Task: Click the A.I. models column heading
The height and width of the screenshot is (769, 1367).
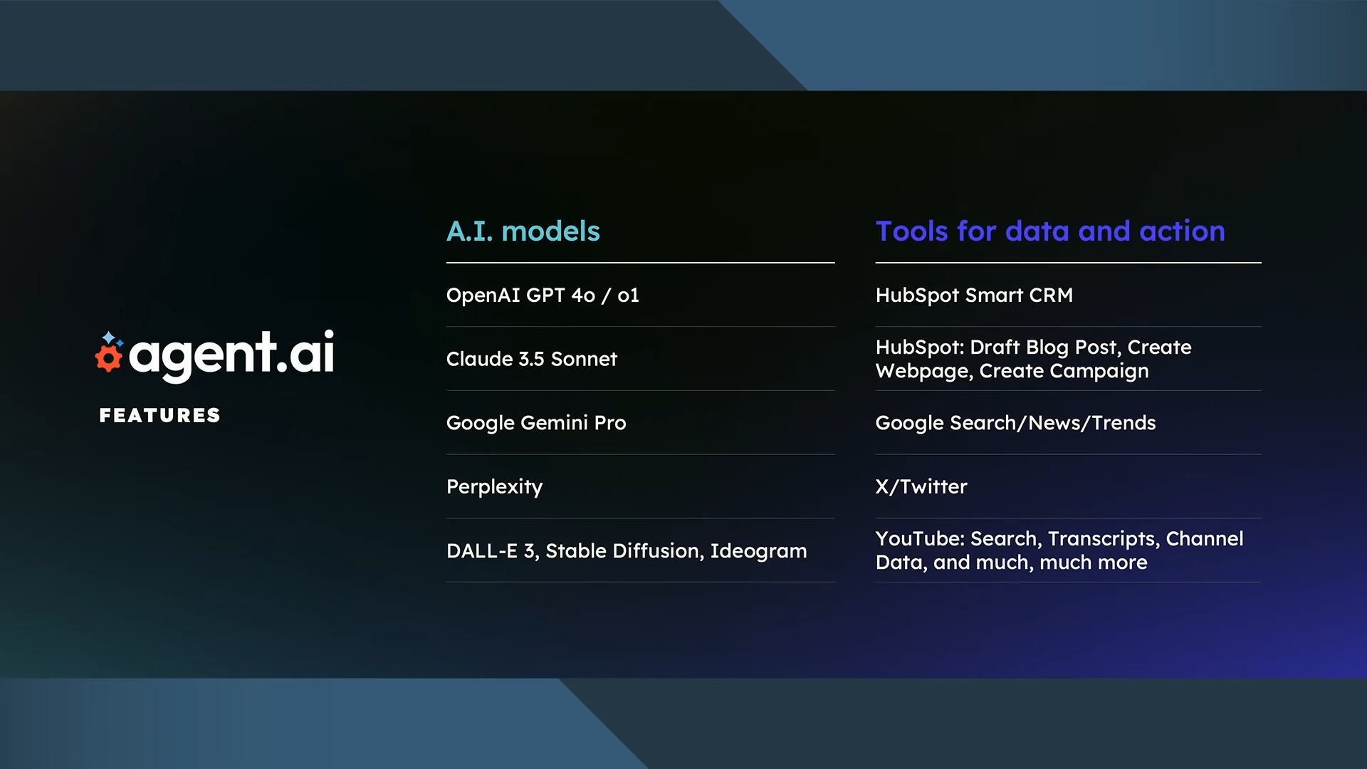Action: coord(523,231)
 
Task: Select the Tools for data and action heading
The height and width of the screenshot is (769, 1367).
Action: coord(1050,231)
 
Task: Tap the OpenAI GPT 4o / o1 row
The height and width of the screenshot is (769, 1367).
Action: coord(543,295)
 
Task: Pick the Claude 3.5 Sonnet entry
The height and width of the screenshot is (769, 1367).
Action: coord(531,359)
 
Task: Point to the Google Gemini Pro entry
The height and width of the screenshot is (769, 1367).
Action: coord(536,423)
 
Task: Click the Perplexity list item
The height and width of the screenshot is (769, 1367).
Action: coord(494,487)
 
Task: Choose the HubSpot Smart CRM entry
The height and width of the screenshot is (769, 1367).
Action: coord(974,295)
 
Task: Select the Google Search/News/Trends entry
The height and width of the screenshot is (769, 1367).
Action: coord(1015,423)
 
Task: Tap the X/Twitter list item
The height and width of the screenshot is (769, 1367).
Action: coord(921,487)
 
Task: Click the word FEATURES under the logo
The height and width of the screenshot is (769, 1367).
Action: coord(159,416)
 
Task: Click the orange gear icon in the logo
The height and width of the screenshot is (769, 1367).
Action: coord(109,357)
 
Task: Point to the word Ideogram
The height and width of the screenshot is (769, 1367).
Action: coord(758,551)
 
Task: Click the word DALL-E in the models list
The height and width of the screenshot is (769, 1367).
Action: coord(482,551)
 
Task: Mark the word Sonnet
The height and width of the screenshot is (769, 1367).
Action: coord(584,359)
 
